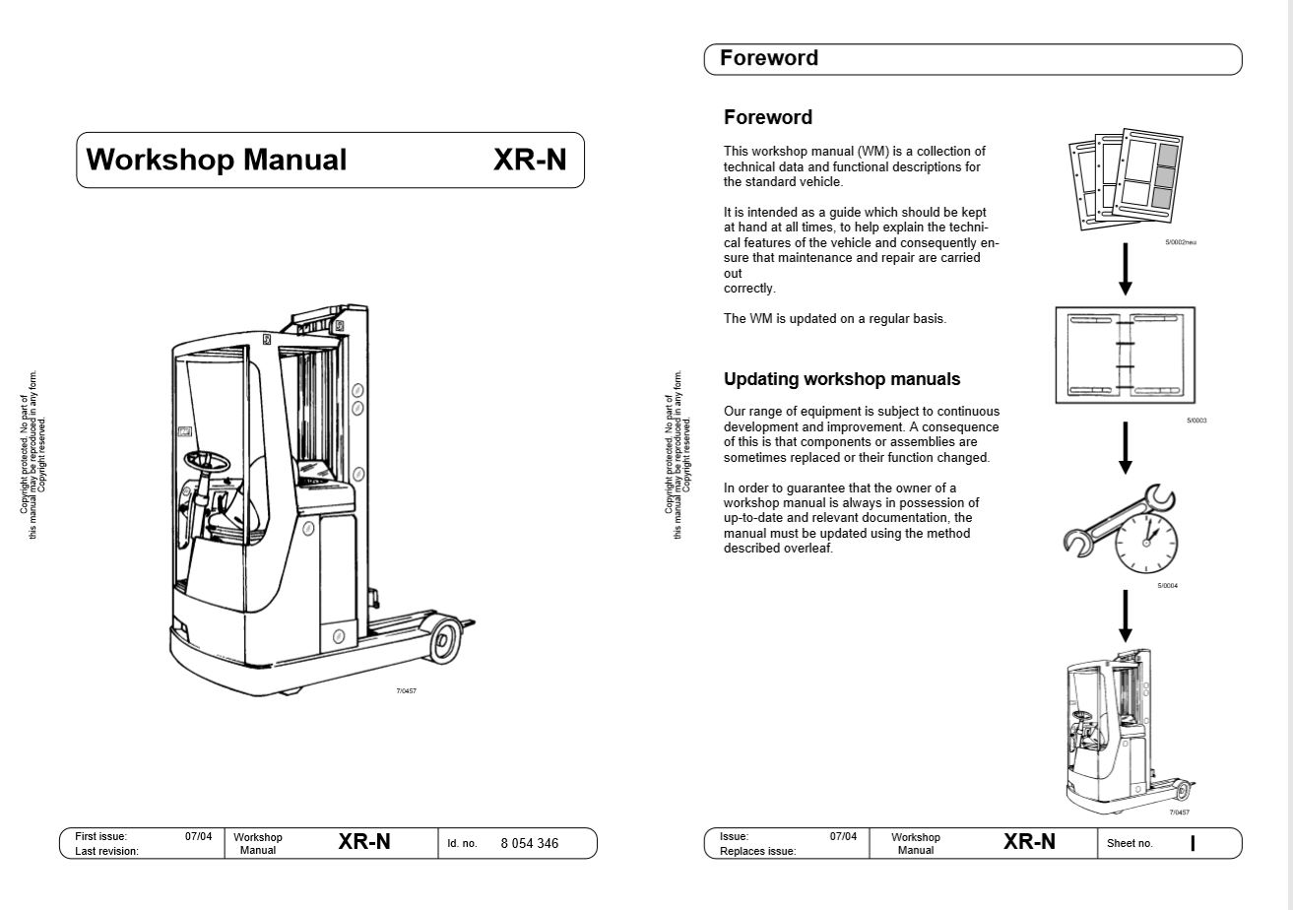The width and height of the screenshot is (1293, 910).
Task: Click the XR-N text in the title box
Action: (x=530, y=160)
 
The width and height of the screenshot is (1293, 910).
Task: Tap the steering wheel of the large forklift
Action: (x=207, y=461)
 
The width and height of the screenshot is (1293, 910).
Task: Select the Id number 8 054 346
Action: (x=530, y=844)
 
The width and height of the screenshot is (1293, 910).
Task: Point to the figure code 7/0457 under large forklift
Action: (x=406, y=690)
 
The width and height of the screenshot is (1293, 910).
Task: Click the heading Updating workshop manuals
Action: (x=842, y=379)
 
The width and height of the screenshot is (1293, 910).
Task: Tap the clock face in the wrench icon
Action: (x=1146, y=543)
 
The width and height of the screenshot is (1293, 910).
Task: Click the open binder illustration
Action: (x=1125, y=356)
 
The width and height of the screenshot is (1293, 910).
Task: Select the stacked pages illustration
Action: (x=1126, y=179)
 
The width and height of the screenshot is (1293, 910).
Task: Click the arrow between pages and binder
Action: (x=1125, y=269)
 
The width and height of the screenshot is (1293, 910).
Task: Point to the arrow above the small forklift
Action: (x=1125, y=617)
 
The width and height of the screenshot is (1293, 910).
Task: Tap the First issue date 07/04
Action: (x=198, y=836)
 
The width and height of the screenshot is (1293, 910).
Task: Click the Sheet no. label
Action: (x=1130, y=843)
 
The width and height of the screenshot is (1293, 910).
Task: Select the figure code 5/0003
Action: (x=1196, y=421)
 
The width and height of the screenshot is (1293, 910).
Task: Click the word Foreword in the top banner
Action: (x=769, y=58)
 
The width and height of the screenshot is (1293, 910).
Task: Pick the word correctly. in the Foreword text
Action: (x=749, y=289)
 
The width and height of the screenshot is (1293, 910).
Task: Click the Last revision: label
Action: (x=106, y=851)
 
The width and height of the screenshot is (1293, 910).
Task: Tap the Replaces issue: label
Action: (x=757, y=851)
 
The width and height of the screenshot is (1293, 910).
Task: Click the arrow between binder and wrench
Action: (x=1125, y=448)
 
